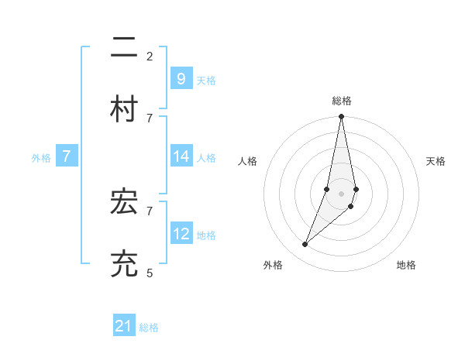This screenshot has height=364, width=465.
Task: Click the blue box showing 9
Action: tap(181, 79)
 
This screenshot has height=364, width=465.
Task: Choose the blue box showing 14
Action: tap(181, 156)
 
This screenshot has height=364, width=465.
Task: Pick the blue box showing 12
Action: tap(181, 234)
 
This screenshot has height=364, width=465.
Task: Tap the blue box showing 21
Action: tap(124, 327)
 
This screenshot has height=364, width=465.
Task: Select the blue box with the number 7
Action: tap(67, 156)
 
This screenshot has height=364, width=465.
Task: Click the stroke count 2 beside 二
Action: tap(150, 56)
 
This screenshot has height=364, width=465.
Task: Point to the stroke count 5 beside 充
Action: tap(150, 273)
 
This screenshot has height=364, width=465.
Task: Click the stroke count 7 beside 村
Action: tap(150, 118)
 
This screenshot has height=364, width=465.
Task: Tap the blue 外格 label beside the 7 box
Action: tap(41, 158)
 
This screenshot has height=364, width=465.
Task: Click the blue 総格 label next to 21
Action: tap(149, 328)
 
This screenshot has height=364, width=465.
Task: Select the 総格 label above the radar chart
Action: tap(342, 101)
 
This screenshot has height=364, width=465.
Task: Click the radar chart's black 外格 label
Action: tap(273, 265)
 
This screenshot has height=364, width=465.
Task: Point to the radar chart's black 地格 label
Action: tap(406, 265)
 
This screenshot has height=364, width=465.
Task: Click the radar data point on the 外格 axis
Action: tap(305, 245)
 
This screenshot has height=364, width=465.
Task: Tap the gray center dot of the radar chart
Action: tap(342, 194)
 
